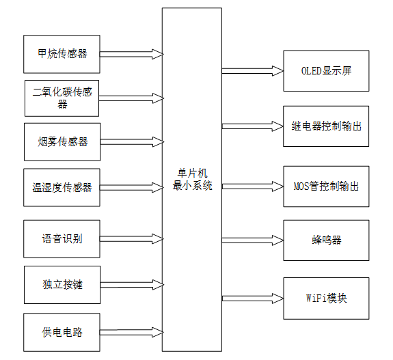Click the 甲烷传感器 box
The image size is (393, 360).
pyautogui.click(x=62, y=54)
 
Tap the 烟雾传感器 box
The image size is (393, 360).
pyautogui.click(x=62, y=142)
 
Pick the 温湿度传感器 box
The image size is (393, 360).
pyautogui.click(x=62, y=187)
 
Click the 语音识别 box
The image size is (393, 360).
pyautogui.click(x=62, y=239)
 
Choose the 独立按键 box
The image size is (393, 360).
pyautogui.click(x=62, y=284)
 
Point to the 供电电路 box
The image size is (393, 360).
pyautogui.click(x=62, y=332)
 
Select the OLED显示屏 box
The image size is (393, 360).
pyautogui.click(x=326, y=70)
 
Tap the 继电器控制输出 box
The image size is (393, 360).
pyautogui.click(x=326, y=126)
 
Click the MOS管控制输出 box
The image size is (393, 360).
pyautogui.click(x=326, y=186)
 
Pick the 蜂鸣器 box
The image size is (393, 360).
pyautogui.click(x=326, y=240)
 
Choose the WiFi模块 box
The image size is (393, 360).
pyautogui.click(x=326, y=299)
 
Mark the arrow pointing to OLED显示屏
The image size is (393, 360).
pyautogui.click(x=252, y=70)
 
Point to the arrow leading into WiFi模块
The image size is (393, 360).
pyautogui.click(x=252, y=299)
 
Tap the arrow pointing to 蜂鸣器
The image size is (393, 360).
pyautogui.click(x=252, y=240)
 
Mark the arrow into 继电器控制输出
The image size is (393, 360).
pyautogui.click(x=252, y=126)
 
